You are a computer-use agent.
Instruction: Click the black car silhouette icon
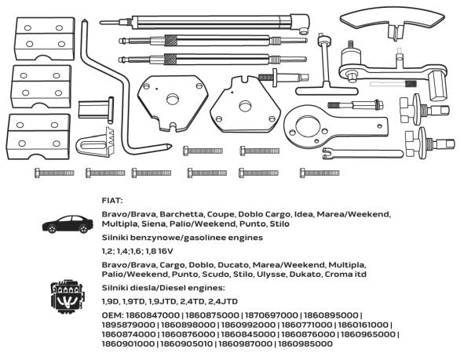(x=68, y=224)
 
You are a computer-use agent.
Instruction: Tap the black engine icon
(x=67, y=296)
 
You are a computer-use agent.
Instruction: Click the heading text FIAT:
(x=112, y=201)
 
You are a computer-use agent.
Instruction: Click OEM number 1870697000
(x=271, y=315)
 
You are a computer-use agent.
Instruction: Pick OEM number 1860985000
(x=305, y=344)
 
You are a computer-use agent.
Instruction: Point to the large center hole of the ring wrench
(x=307, y=126)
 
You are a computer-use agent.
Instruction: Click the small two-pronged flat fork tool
(x=362, y=154)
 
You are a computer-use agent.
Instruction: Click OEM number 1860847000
(x=152, y=315)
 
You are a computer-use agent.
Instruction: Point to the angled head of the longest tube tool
(x=300, y=23)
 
